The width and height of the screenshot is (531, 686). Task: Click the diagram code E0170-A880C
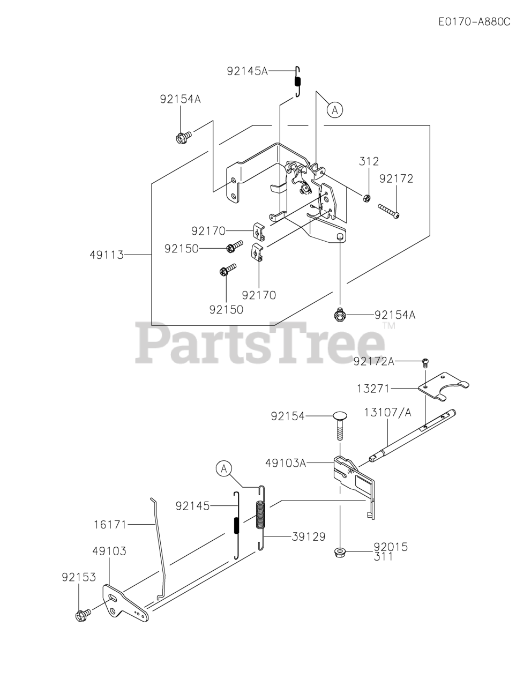tap(474, 22)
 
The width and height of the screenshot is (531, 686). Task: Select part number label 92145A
tap(246, 70)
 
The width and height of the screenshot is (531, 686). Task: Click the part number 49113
tap(106, 255)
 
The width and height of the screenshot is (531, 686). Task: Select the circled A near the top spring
tap(335, 110)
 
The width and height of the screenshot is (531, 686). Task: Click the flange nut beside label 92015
tap(340, 551)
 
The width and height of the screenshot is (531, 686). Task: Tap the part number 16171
tap(109, 525)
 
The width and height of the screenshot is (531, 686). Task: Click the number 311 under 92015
tap(383, 557)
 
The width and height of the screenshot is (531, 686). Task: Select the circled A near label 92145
tap(224, 469)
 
